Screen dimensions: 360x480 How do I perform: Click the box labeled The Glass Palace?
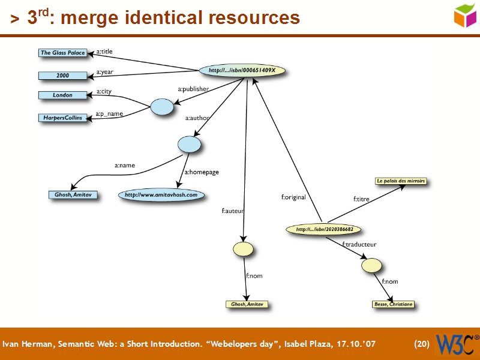[x=62, y=53]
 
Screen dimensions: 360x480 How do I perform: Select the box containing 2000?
[x=62, y=76]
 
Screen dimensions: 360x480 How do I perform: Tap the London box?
[x=62, y=95]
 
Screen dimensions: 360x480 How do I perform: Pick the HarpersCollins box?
[x=62, y=118]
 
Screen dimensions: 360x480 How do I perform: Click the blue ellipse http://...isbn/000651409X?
[x=242, y=71]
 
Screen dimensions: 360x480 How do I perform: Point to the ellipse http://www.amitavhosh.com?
[x=161, y=194]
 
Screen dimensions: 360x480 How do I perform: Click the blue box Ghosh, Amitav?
[x=73, y=194]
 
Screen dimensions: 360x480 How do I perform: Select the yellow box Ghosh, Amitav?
[x=247, y=305]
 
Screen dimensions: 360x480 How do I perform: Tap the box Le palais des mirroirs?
[x=400, y=181]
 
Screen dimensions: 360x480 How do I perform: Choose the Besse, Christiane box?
[x=393, y=304]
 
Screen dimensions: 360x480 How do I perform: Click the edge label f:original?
[x=293, y=197]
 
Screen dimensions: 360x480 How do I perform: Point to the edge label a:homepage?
[x=202, y=172]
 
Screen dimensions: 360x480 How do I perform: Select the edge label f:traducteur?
[x=359, y=245]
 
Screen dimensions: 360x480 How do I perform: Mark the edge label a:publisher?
[x=193, y=89]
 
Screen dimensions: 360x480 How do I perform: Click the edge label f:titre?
[x=361, y=198]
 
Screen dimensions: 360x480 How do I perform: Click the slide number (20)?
[x=422, y=344]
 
